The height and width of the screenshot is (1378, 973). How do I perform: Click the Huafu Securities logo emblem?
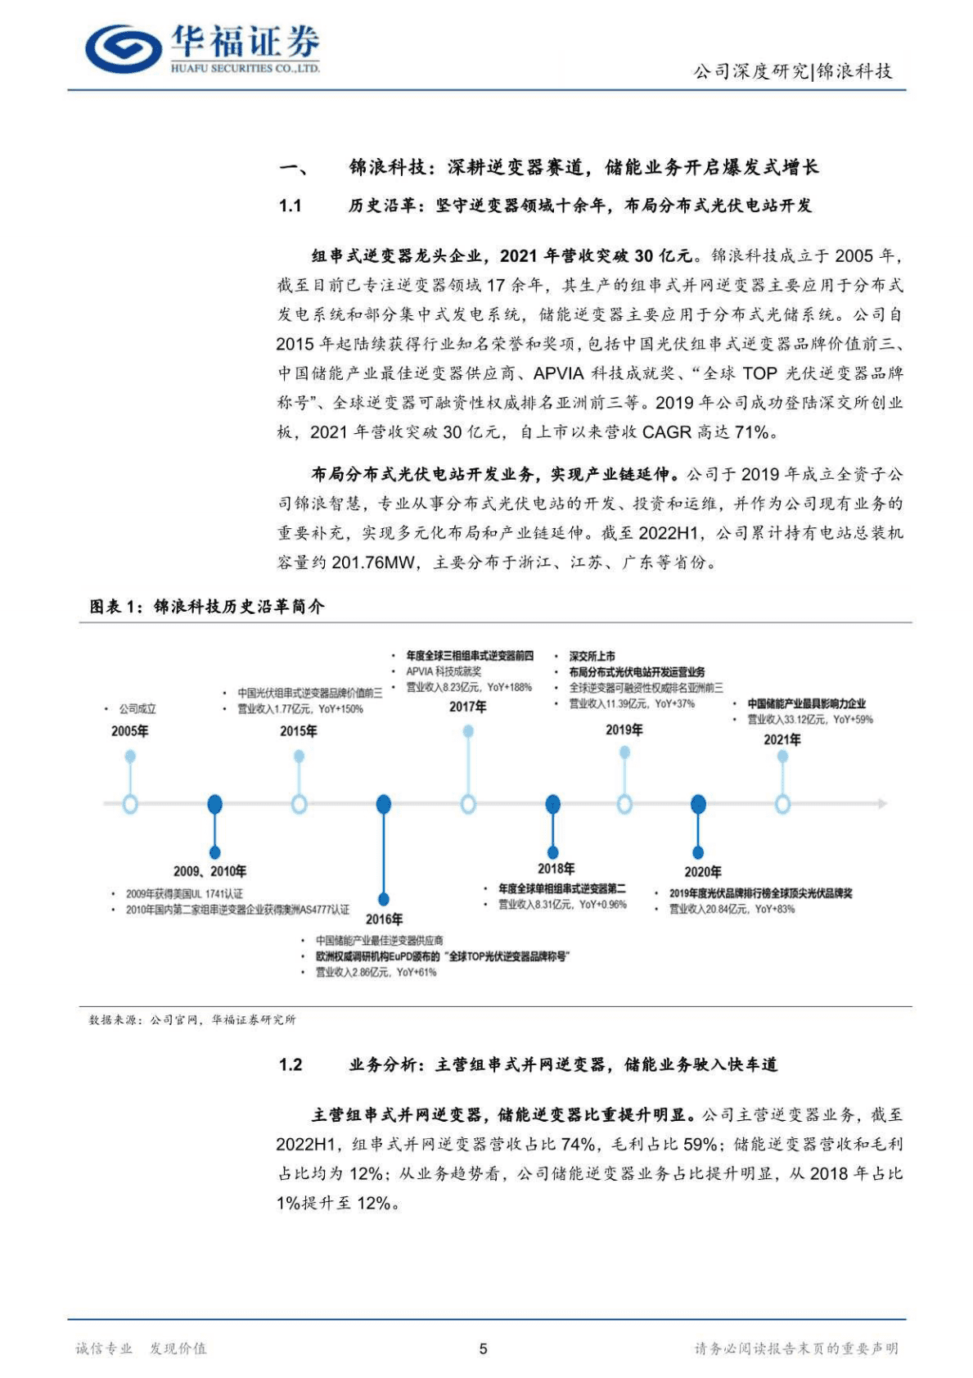click(x=123, y=49)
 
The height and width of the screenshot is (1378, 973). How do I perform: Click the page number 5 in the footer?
click(x=483, y=1349)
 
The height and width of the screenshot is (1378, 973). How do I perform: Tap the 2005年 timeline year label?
click(x=130, y=731)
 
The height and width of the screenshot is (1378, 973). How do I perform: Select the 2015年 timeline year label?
click(x=299, y=731)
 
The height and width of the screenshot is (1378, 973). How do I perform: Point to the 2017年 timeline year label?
click(x=467, y=707)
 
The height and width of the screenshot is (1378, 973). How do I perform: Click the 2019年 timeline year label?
click(x=624, y=730)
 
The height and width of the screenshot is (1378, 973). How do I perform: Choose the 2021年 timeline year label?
click(x=782, y=739)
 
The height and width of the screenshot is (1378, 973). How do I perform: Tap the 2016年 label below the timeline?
click(x=384, y=919)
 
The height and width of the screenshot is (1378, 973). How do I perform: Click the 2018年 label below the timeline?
click(x=556, y=869)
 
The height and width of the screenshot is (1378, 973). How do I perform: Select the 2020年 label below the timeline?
click(x=702, y=872)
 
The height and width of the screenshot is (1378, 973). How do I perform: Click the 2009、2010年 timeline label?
click(x=209, y=871)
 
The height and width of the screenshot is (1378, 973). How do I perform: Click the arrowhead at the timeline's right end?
click(x=882, y=804)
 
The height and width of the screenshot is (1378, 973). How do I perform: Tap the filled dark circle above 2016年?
click(x=383, y=804)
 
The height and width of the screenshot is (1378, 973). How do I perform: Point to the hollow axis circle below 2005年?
click(x=130, y=804)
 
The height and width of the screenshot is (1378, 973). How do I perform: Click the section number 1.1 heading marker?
click(x=291, y=206)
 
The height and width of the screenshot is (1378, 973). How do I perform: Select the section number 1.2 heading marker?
click(x=291, y=1064)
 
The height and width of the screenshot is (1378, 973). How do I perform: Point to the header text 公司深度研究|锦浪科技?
click(x=793, y=71)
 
